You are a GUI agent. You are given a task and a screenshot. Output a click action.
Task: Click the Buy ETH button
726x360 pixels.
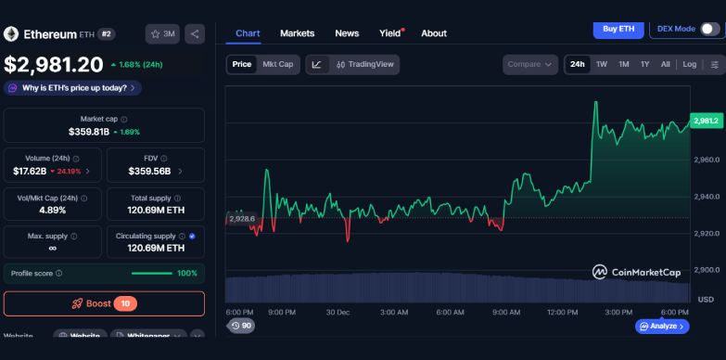618,29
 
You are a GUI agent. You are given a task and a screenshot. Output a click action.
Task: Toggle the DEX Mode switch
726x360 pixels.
709,29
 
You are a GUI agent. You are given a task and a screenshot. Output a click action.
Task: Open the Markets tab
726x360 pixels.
297,33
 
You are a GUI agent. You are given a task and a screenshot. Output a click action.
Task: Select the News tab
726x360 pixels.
347,33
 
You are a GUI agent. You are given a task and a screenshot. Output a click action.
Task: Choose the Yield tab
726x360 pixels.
389,33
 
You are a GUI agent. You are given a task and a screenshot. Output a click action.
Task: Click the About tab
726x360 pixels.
434,33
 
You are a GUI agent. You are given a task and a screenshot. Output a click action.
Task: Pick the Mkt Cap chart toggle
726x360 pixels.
278,65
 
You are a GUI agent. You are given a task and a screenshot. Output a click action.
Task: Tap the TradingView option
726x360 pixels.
364,65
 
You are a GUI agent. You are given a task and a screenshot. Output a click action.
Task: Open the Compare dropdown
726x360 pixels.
530,65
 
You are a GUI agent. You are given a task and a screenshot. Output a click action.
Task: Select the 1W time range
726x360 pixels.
602,65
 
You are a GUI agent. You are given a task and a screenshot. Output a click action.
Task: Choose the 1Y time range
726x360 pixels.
644,65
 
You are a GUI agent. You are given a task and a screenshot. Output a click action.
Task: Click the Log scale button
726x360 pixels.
690,65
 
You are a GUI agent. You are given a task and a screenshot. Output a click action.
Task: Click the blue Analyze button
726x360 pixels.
662,327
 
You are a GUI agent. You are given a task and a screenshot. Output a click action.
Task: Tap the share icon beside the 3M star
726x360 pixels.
195,34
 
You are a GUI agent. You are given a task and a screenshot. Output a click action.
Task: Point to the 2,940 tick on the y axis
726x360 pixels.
706,197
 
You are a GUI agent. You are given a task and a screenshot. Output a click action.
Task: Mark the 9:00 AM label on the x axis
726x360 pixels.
505,313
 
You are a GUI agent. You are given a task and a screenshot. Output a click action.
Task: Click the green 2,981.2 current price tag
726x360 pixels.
705,122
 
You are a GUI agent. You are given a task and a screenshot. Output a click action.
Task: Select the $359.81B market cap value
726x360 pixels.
89,132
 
